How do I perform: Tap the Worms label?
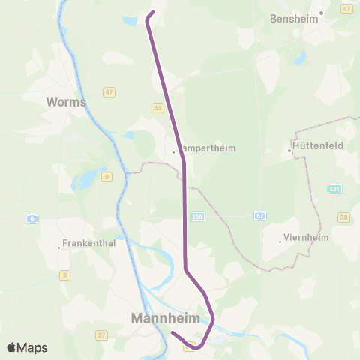[66, 101]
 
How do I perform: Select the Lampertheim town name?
[208, 148]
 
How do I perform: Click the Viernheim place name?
[307, 239]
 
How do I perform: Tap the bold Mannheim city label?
[166, 318]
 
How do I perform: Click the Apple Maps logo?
[28, 347]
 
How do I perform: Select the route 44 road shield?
[157, 108]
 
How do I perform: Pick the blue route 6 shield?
[32, 219]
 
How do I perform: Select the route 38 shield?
[343, 217]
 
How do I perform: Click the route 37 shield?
[101, 314]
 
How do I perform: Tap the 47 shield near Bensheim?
[346, 8]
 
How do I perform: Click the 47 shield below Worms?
[109, 92]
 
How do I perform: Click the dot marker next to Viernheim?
[280, 241]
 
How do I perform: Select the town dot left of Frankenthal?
[58, 247]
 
